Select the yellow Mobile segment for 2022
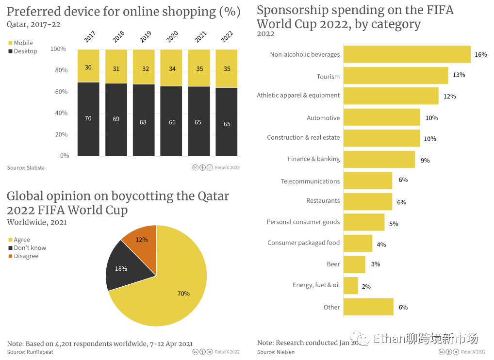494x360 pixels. point(227,68)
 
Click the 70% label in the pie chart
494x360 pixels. point(183,294)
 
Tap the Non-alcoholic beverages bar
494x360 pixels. point(407,54)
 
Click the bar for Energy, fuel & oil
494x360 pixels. point(351,286)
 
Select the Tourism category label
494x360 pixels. point(328,77)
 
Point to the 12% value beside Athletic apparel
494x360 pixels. point(449,97)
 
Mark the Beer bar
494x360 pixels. point(354,264)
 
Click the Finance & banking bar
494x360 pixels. point(379,159)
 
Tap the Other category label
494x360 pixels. point(331,307)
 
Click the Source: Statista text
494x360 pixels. point(26,168)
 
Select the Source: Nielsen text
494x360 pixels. point(276,352)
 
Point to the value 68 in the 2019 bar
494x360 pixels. point(143,122)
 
